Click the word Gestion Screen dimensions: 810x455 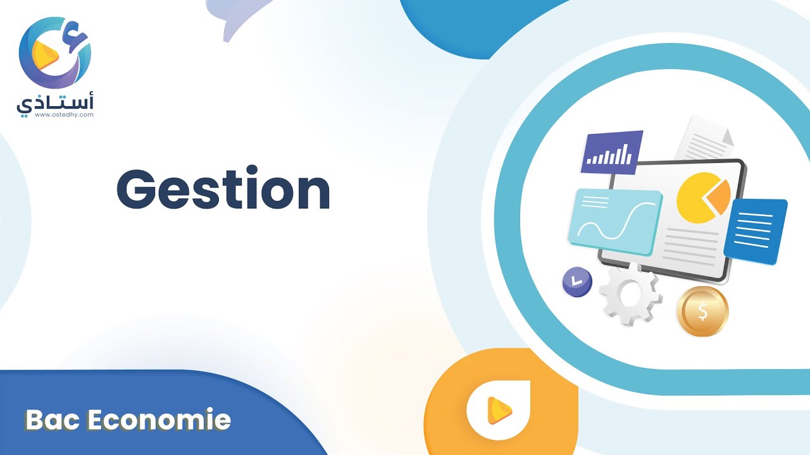[223, 188]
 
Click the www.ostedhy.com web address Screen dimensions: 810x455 [65, 115]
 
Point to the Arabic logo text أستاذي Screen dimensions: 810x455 [55, 103]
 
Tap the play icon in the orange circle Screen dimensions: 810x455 [499, 410]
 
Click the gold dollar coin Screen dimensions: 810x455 [702, 312]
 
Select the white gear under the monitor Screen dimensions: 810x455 [631, 294]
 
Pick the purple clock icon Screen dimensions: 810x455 [578, 282]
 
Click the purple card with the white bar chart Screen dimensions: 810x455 [612, 152]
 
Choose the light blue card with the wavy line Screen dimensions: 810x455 [616, 222]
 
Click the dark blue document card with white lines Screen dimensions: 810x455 [756, 231]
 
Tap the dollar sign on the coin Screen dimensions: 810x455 [702, 312]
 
